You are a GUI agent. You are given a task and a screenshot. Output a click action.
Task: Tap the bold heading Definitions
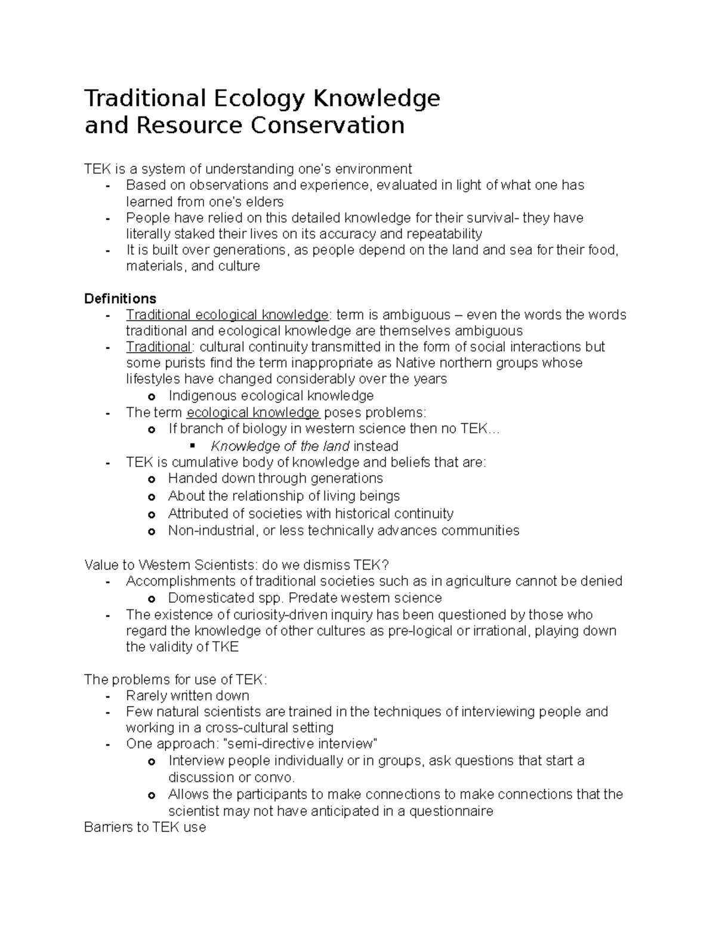(121, 298)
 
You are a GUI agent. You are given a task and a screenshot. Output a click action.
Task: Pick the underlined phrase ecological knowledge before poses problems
(253, 412)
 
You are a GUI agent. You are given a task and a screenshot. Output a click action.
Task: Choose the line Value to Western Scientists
(237, 565)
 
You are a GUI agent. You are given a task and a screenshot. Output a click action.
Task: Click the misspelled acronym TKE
(226, 647)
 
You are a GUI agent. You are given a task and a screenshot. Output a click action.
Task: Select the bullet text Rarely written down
(187, 695)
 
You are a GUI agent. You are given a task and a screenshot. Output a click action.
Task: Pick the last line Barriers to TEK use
(145, 827)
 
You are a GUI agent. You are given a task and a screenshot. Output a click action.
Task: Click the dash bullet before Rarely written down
(107, 696)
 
